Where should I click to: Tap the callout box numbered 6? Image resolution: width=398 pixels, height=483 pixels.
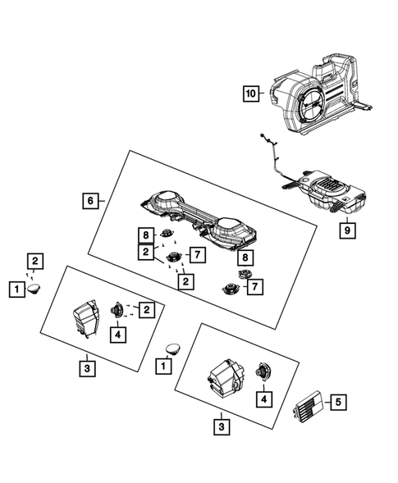click(x=93, y=199)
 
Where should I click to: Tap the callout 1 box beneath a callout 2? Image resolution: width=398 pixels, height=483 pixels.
click(x=15, y=288)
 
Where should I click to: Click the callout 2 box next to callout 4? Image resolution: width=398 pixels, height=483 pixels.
click(x=145, y=309)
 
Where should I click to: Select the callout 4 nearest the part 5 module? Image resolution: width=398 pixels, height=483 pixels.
click(x=263, y=399)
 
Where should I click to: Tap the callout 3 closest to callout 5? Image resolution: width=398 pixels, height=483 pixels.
click(x=221, y=426)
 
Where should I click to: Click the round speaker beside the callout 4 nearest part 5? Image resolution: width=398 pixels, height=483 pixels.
click(x=264, y=371)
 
